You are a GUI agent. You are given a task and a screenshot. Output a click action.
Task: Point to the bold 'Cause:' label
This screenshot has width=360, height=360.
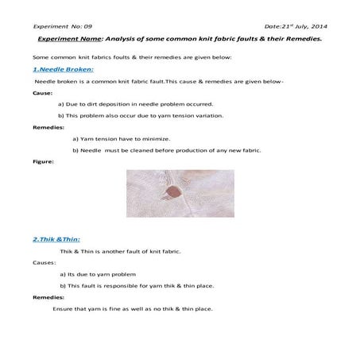pyautogui.click(x=43, y=93)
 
